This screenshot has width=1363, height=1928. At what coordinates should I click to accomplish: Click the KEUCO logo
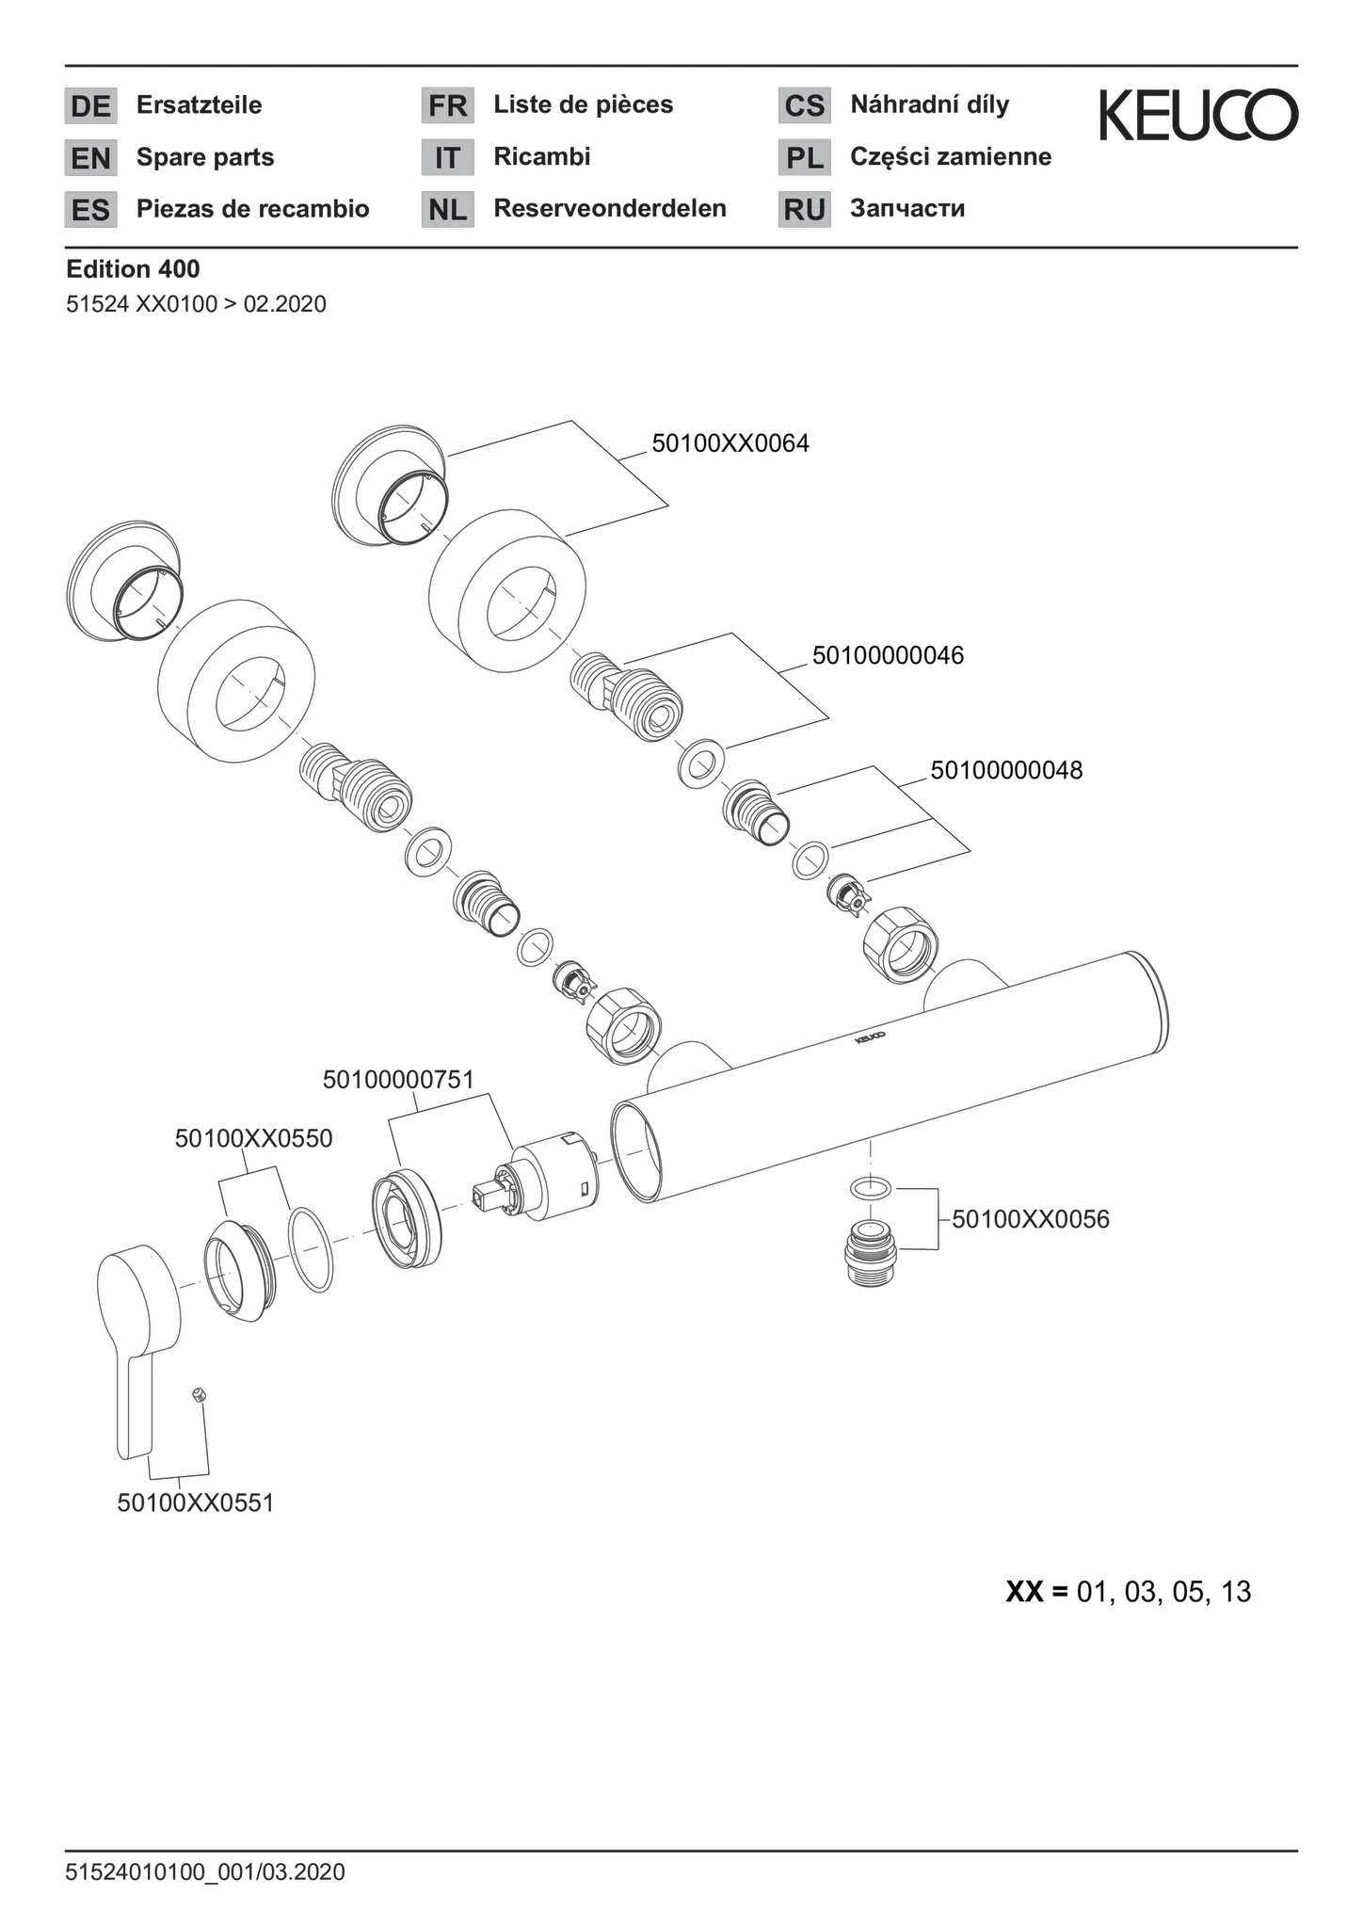pyautogui.click(x=1198, y=116)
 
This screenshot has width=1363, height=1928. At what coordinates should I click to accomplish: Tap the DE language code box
pyautogui.click(x=90, y=105)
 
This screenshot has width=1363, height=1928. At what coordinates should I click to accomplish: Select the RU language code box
pyautogui.click(x=804, y=209)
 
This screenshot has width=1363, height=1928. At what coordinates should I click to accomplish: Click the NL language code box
pyautogui.click(x=447, y=209)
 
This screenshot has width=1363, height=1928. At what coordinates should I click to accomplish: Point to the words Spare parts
pyautogui.click(x=205, y=157)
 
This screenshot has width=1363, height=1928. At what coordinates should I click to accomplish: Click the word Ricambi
pyautogui.click(x=542, y=156)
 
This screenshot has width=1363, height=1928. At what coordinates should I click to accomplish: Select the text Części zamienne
pyautogui.click(x=951, y=156)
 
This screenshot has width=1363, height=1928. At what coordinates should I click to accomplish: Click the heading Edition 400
pyautogui.click(x=133, y=269)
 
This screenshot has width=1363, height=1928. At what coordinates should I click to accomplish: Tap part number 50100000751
pyautogui.click(x=398, y=1080)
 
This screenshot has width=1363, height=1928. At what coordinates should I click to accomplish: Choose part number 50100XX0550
pyautogui.click(x=253, y=1138)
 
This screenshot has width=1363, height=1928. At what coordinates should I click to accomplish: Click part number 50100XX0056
pyautogui.click(x=1031, y=1218)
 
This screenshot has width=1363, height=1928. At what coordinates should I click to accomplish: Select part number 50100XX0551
pyautogui.click(x=195, y=1502)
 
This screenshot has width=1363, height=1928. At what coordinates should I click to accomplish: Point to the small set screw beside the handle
pyautogui.click(x=198, y=1394)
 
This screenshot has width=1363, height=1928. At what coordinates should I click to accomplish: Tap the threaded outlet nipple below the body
pyautogui.click(x=872, y=1254)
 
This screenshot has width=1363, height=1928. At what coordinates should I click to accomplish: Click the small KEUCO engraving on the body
pyautogui.click(x=869, y=1038)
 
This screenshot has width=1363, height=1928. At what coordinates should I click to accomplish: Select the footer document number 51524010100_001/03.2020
pyautogui.click(x=205, y=1872)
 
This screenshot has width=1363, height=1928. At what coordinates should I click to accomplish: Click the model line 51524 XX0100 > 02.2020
pyautogui.click(x=196, y=304)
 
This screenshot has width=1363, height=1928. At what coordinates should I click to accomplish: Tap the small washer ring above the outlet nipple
pyautogui.click(x=871, y=1189)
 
